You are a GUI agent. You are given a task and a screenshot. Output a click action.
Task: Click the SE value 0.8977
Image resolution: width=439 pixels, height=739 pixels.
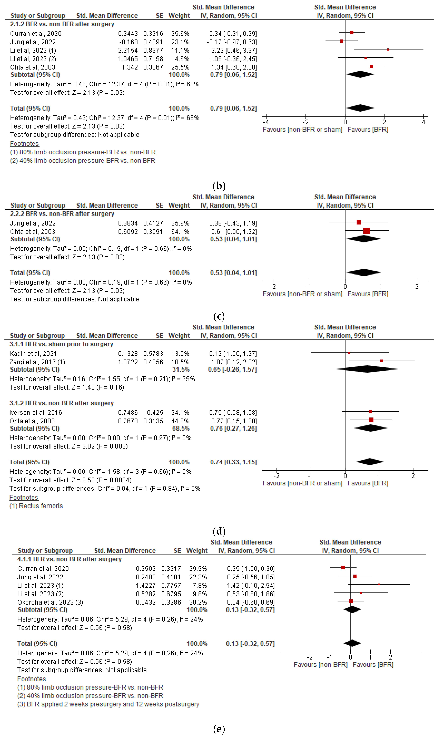tap(153, 51)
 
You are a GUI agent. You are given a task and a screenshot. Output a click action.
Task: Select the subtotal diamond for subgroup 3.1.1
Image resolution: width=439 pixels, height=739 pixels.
tap(367, 369)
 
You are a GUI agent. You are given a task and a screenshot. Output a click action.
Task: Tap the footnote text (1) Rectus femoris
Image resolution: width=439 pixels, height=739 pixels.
tap(36, 506)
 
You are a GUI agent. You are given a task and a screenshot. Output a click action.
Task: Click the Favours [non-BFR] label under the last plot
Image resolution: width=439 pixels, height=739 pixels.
tap(320, 665)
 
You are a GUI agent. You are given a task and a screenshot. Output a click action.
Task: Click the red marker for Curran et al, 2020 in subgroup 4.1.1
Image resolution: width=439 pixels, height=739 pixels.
tap(343, 568)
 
